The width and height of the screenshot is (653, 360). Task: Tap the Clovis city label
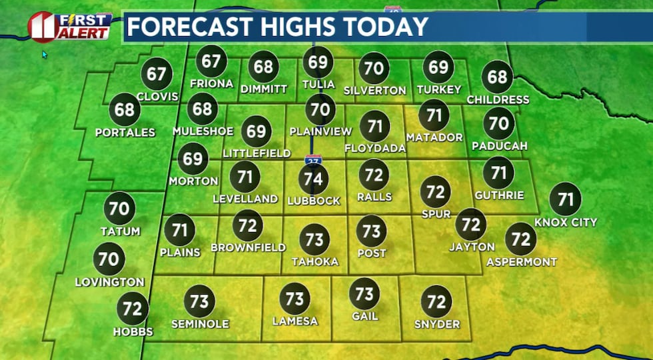coord(157,97)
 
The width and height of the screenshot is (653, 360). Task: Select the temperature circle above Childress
coord(497,77)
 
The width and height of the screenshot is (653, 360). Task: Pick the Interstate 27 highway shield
coord(313,160)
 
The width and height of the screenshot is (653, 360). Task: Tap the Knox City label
coord(566,222)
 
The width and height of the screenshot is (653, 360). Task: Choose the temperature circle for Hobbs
coord(133,309)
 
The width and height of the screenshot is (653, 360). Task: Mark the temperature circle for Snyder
coord(436,301)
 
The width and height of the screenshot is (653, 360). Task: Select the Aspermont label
coord(522,262)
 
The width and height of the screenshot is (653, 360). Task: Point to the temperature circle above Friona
coord(211,62)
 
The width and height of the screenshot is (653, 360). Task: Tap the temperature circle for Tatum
coord(119,209)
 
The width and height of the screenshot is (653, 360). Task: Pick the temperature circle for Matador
coord(434,115)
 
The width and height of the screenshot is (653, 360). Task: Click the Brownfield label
coord(248,247)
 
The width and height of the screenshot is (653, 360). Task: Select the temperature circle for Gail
coord(364,293)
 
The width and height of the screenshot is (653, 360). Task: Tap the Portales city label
coord(125,133)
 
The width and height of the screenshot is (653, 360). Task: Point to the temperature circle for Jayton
coord(471,224)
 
